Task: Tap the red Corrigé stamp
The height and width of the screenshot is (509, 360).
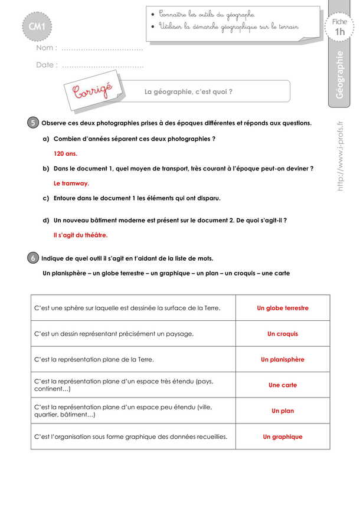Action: click(93, 91)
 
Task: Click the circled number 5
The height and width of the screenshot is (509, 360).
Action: click(33, 123)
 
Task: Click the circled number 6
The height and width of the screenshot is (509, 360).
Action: click(33, 258)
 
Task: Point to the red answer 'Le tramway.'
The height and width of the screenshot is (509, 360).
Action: click(71, 183)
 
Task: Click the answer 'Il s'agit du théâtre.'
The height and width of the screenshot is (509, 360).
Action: click(81, 235)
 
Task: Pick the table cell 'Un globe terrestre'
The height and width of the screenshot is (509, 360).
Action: click(283, 308)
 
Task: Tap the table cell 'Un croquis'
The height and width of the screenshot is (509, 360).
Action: click(283, 334)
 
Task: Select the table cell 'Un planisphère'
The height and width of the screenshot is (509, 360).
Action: click(283, 359)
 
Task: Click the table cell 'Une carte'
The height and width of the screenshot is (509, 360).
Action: click(283, 385)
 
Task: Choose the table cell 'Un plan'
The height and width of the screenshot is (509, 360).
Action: click(283, 411)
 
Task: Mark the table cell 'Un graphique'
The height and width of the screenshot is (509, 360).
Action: click(283, 437)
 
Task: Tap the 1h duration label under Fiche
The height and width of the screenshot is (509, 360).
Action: click(340, 32)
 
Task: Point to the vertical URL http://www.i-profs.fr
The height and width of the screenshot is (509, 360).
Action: click(340, 156)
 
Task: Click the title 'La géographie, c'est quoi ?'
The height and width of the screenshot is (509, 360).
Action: click(189, 91)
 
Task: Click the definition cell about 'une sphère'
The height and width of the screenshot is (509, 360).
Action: click(132, 308)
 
